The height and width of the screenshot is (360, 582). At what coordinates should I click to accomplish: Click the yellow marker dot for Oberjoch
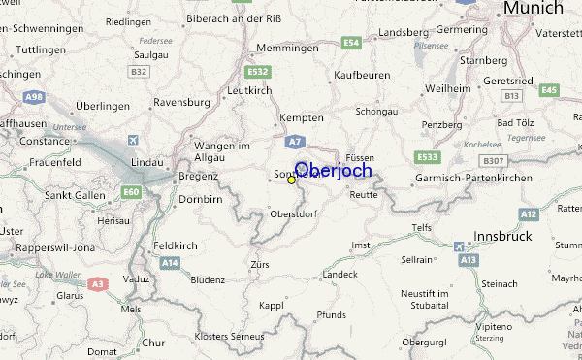[292, 180]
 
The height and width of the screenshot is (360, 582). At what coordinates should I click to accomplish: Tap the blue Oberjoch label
[333, 170]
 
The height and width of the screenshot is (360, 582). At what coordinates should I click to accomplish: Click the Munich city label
[532, 9]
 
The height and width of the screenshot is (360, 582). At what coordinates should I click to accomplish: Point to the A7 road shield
[296, 141]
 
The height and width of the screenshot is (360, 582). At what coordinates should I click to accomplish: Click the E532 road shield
[258, 72]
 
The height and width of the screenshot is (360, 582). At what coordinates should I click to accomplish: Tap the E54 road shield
[351, 43]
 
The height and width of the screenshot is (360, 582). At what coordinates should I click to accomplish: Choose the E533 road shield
[427, 156]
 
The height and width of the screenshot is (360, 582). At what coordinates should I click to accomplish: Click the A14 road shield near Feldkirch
[171, 263]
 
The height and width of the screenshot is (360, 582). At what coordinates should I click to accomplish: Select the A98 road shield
[35, 97]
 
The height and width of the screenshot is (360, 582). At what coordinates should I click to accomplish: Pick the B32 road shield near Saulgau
[141, 72]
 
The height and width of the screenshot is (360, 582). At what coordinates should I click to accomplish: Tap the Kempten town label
[300, 117]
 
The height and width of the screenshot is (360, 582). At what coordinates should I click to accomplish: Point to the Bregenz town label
[198, 178]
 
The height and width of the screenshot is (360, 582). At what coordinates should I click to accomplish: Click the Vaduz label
[135, 278]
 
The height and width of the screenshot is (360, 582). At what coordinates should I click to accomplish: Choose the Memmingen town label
[288, 47]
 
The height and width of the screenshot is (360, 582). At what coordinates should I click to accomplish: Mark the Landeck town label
[340, 274]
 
